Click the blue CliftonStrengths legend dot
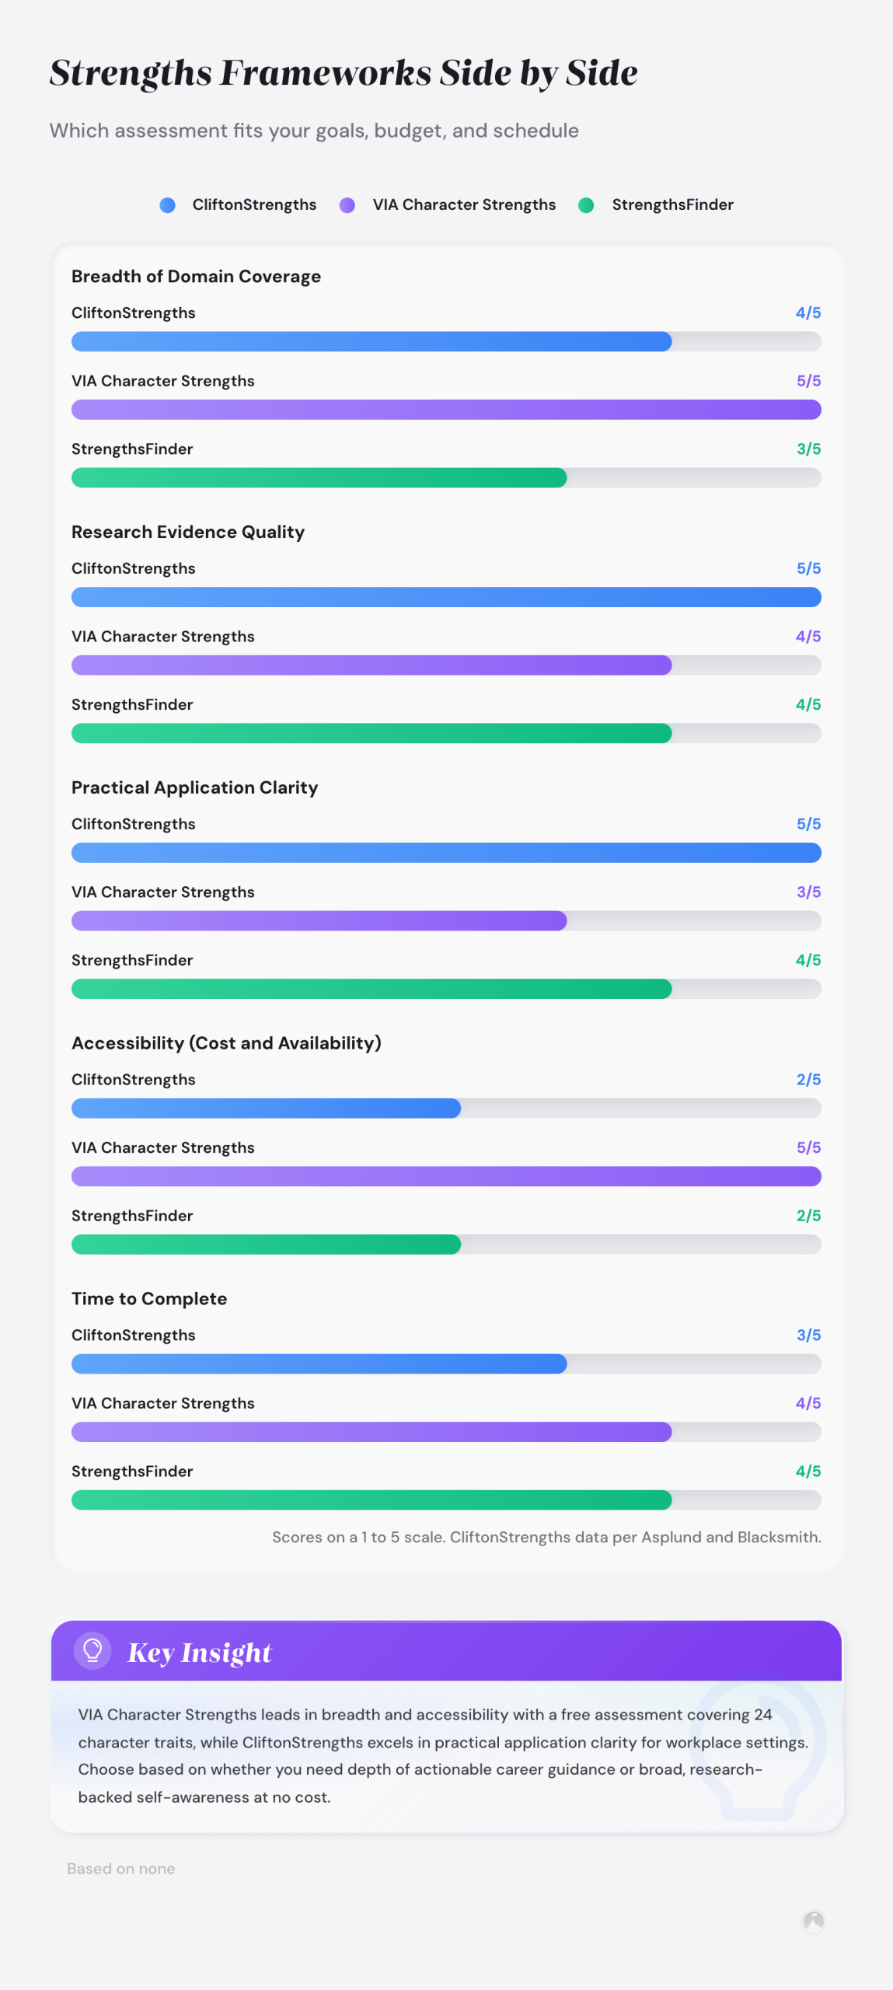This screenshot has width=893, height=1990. (167, 205)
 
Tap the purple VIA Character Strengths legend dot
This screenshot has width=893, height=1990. (347, 205)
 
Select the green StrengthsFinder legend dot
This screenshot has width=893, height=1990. (586, 205)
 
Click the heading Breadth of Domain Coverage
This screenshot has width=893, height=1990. (196, 277)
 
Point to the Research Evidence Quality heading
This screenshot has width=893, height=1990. (188, 532)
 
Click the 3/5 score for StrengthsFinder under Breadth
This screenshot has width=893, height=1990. (808, 449)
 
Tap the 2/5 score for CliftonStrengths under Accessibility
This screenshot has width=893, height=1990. (808, 1080)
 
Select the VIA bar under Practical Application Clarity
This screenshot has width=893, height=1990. (319, 921)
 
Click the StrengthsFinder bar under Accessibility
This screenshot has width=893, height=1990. (266, 1245)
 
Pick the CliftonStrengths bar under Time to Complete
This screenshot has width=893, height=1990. (319, 1364)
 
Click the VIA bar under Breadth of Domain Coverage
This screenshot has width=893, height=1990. (446, 410)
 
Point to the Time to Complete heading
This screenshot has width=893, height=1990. (149, 1299)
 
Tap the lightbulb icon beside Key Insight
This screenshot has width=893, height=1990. (92, 1650)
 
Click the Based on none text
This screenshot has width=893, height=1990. (121, 1869)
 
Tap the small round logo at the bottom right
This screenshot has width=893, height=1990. (814, 1922)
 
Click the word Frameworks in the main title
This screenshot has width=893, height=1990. (326, 73)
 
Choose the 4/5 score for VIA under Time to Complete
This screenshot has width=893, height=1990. (808, 1403)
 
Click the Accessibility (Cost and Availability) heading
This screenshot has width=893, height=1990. (226, 1043)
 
